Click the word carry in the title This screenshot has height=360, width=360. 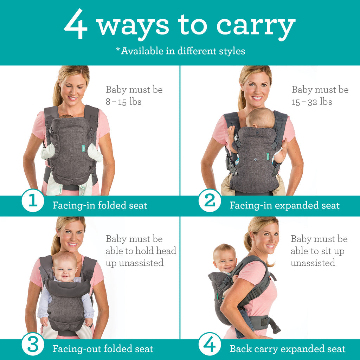256,26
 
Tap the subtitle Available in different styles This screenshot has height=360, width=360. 180,51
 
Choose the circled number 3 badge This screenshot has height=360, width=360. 33,346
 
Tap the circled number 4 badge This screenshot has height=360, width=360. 210,346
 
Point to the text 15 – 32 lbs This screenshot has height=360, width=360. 312,102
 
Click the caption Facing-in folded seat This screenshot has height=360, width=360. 100,205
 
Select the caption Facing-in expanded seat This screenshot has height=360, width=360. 284,205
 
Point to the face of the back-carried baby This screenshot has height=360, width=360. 225,261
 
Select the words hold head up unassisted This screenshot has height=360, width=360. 141,257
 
